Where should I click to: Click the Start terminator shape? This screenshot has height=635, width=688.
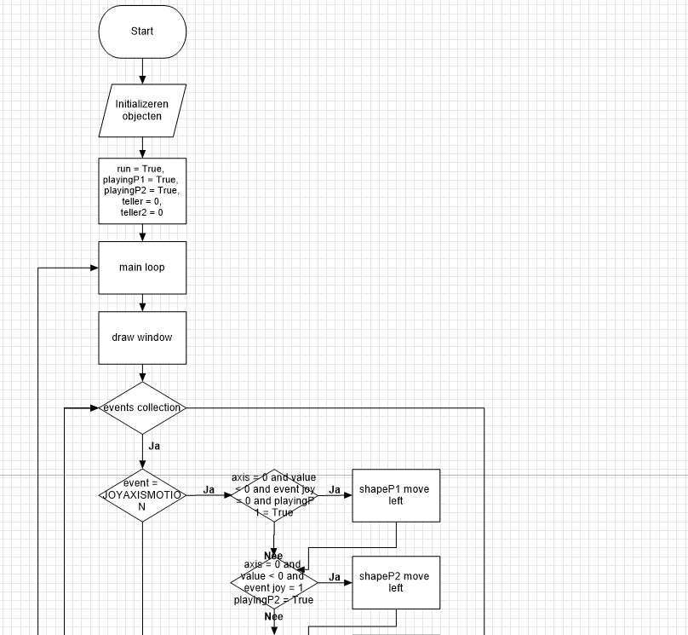pos(142,32)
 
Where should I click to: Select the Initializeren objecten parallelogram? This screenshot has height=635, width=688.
pos(142,110)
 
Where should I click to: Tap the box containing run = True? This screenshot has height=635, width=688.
pos(142,191)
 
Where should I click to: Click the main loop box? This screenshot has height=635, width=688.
pos(142,268)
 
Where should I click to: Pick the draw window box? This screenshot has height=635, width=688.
pos(142,338)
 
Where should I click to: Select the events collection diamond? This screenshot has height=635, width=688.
pos(142,407)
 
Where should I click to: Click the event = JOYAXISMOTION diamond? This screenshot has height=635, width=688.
pos(142,494)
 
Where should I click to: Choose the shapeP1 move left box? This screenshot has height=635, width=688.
pos(396,495)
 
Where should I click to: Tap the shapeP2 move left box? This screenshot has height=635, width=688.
pos(396,582)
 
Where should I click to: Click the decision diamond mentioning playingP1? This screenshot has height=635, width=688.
pos(274,495)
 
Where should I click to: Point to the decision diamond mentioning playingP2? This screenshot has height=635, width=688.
pos(274,582)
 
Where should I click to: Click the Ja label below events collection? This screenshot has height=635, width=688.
pos(154,445)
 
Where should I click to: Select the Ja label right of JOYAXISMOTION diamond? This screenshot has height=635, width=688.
pos(209,489)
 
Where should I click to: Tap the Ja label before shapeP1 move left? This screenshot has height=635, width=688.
pos(335,490)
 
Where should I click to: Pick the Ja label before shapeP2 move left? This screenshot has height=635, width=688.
pos(335,577)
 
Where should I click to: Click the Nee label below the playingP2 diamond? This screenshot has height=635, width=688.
pos(273,616)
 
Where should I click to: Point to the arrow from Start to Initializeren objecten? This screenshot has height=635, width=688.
pos(142,71)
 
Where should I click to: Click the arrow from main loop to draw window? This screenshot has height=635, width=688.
pos(142,303)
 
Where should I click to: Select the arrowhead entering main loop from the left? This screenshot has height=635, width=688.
pos(95,268)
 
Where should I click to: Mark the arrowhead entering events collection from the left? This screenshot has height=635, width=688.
pos(95,407)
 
